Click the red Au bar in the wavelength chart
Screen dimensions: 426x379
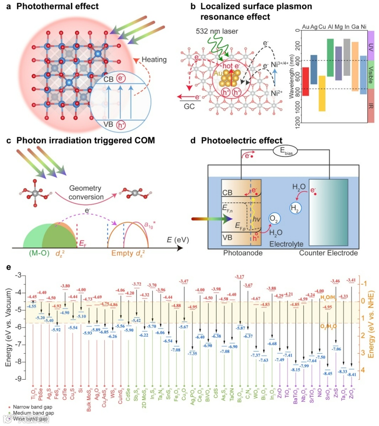click(x=305, y=81)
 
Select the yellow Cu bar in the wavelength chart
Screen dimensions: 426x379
click(x=322, y=93)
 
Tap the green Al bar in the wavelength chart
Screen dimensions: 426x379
click(x=330, y=58)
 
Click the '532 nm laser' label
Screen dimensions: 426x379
click(x=217, y=31)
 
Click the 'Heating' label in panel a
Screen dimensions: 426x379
click(x=154, y=60)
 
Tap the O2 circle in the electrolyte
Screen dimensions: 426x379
click(x=274, y=219)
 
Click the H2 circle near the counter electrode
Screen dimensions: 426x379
click(x=295, y=208)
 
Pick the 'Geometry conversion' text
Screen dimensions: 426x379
click(x=85, y=193)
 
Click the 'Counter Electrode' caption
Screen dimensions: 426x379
click(x=328, y=253)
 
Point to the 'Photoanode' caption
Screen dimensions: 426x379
click(x=242, y=253)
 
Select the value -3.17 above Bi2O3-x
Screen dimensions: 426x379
click(x=240, y=277)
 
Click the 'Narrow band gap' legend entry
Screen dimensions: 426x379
click(x=32, y=407)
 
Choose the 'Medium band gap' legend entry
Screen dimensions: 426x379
click(x=33, y=413)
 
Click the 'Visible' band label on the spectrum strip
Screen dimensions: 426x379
click(x=371, y=75)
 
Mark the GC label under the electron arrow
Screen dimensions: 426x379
click(x=189, y=106)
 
